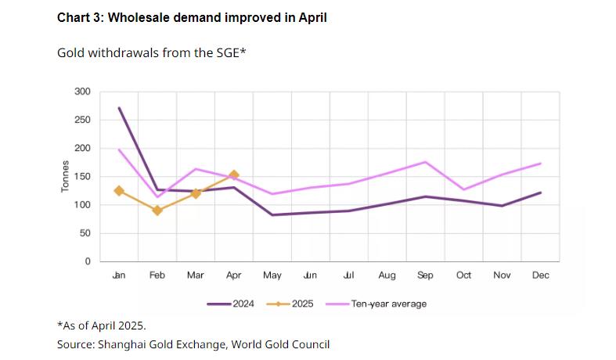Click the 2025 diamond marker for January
tap(119, 190)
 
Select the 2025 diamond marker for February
tap(157, 210)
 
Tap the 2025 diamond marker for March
tap(196, 193)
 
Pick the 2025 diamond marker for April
tap(234, 175)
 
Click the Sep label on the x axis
tap(425, 275)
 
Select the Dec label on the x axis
tap(540, 275)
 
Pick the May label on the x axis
tap(272, 275)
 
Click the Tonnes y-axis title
tap(67, 177)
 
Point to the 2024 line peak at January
tap(119, 108)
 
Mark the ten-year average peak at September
tap(425, 162)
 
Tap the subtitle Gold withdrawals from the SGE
tap(152, 53)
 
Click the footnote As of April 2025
tap(102, 325)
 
